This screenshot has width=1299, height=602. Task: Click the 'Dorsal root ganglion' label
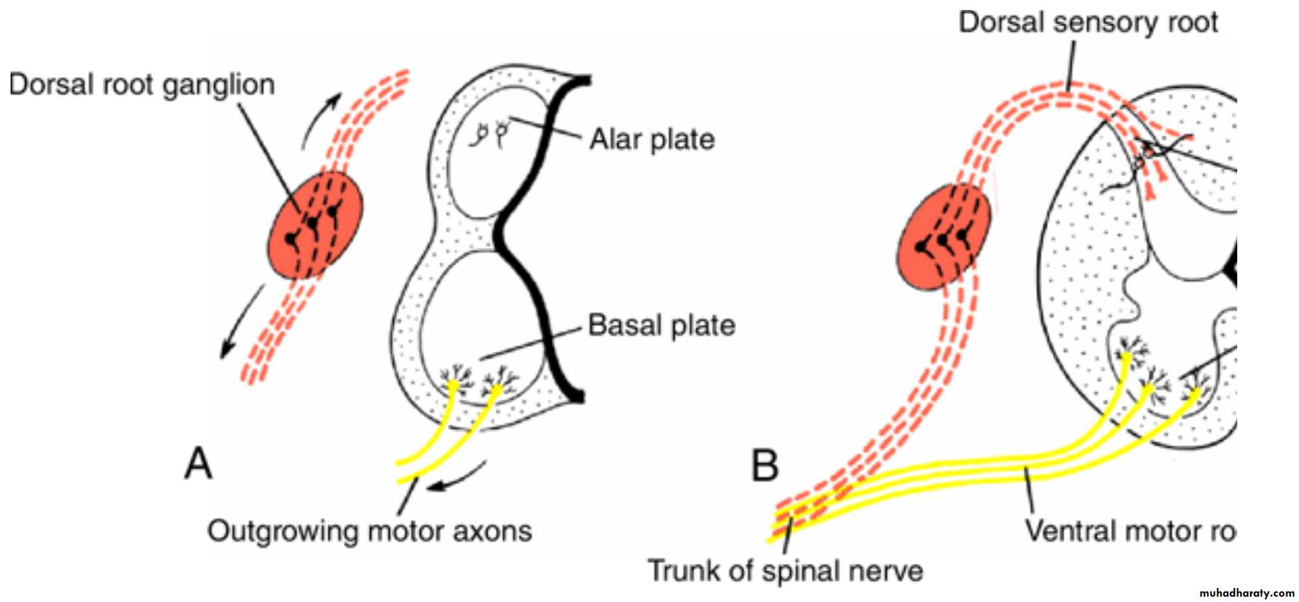[x=142, y=85]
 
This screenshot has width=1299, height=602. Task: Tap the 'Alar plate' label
[x=652, y=140]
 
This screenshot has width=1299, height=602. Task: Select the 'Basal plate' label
[x=661, y=326]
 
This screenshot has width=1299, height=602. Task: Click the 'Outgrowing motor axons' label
[x=370, y=532]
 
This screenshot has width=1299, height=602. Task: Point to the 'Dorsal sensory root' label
[x=1088, y=23]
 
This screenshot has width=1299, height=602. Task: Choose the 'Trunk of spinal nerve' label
[x=785, y=571]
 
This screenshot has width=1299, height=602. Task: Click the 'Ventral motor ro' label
[x=1129, y=531]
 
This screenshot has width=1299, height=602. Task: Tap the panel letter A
[x=198, y=464]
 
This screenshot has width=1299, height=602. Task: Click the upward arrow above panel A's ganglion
[x=320, y=120]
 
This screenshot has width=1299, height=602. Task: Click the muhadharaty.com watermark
[x=1247, y=593]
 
